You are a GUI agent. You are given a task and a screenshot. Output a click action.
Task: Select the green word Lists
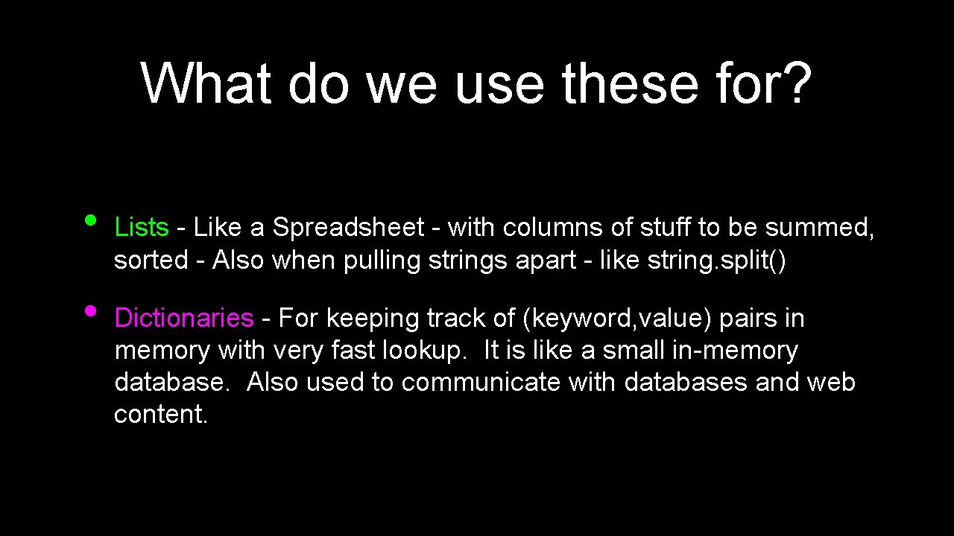click(142, 227)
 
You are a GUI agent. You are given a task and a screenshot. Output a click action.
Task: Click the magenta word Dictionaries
click(184, 318)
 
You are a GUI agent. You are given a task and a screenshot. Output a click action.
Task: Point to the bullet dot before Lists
click(90, 220)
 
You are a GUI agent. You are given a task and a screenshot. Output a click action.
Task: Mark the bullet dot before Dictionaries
click(90, 310)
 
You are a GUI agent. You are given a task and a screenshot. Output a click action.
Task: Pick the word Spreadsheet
click(348, 227)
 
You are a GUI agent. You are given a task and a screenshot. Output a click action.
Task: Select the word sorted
click(151, 260)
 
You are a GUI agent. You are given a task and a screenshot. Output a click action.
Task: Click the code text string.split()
click(716, 260)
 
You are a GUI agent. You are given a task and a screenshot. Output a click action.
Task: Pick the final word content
click(161, 414)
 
